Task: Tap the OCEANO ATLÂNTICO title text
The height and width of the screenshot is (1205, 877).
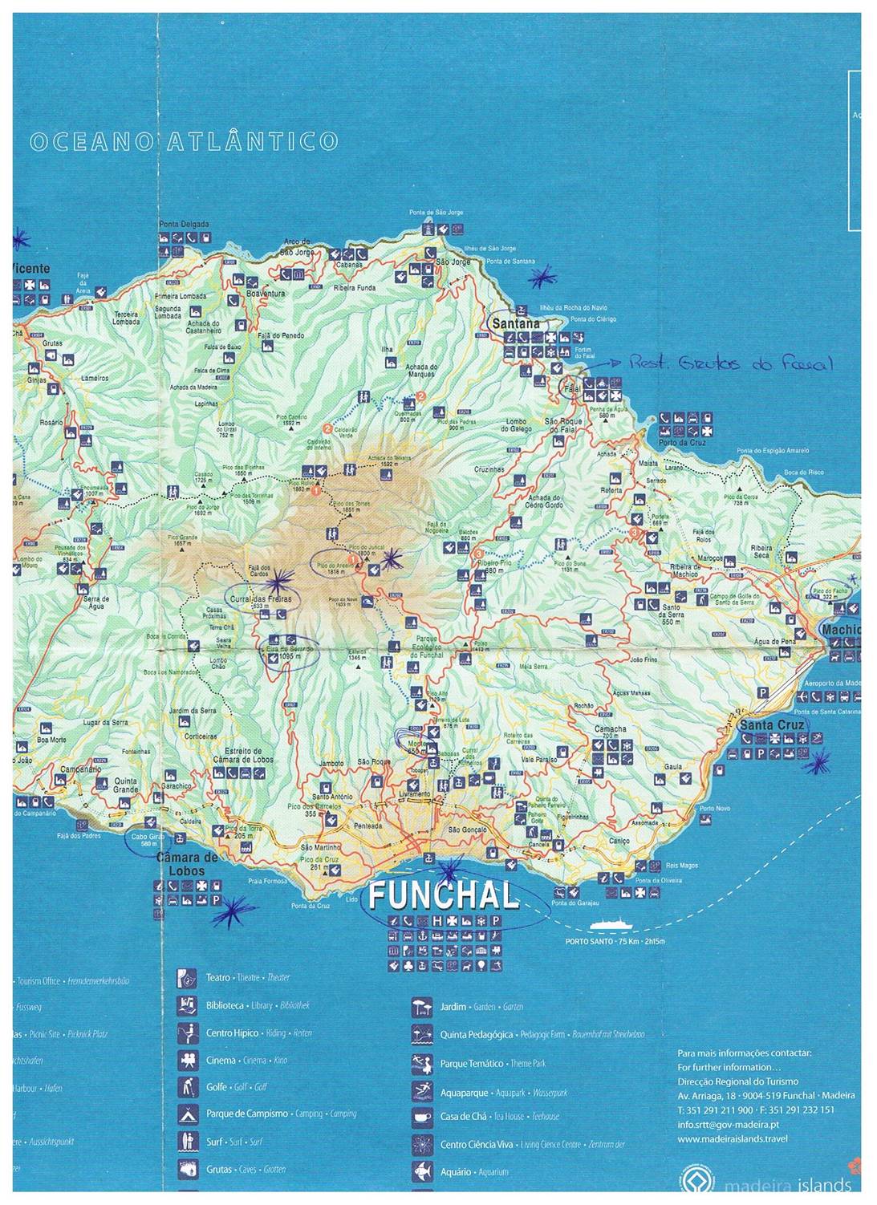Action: pyautogui.click(x=183, y=142)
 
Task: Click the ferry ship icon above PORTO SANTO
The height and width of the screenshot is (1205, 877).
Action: pyautogui.click(x=615, y=924)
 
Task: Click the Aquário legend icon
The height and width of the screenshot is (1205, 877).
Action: pyautogui.click(x=422, y=1172)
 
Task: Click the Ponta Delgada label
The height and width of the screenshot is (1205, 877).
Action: pyautogui.click(x=184, y=224)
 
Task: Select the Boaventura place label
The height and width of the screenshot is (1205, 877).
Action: pyautogui.click(x=266, y=294)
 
